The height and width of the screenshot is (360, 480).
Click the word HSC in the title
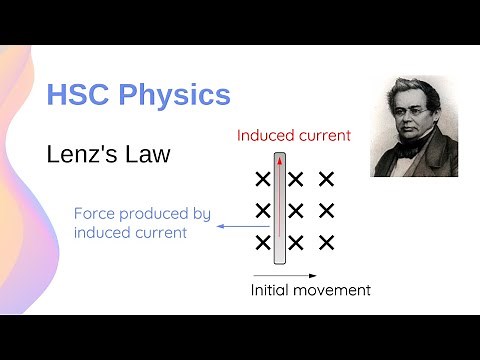[79, 96]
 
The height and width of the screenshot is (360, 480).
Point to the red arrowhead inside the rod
[280, 160]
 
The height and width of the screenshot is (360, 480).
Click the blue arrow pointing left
[238, 226]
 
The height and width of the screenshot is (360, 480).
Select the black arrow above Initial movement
[285, 274]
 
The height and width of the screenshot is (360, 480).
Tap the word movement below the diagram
[336, 290]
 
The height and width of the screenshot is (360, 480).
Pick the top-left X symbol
[263, 180]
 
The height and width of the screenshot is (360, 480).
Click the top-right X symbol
[326, 180]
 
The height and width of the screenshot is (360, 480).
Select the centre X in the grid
[295, 211]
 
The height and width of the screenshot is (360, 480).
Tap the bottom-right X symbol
[326, 242]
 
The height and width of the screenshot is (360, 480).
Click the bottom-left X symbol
[263, 242]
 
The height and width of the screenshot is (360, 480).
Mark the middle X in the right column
[326, 211]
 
